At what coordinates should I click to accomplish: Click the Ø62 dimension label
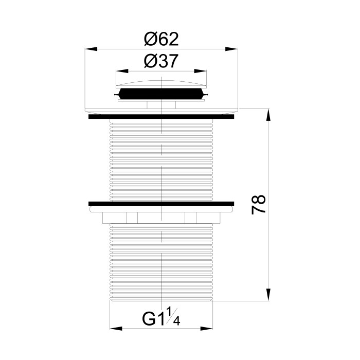tap(161, 39)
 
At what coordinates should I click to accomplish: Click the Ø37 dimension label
tap(161, 61)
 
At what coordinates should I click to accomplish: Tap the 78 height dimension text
tap(259, 205)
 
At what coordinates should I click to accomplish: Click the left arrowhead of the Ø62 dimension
tap(91, 49)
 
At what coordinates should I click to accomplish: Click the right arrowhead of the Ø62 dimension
tap(231, 49)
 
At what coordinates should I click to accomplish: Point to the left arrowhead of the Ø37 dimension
tap(122, 71)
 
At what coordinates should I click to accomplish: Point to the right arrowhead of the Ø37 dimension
tap(200, 71)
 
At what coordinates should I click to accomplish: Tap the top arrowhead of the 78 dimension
tap(268, 114)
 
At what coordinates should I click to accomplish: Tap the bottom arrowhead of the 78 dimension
tap(268, 295)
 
